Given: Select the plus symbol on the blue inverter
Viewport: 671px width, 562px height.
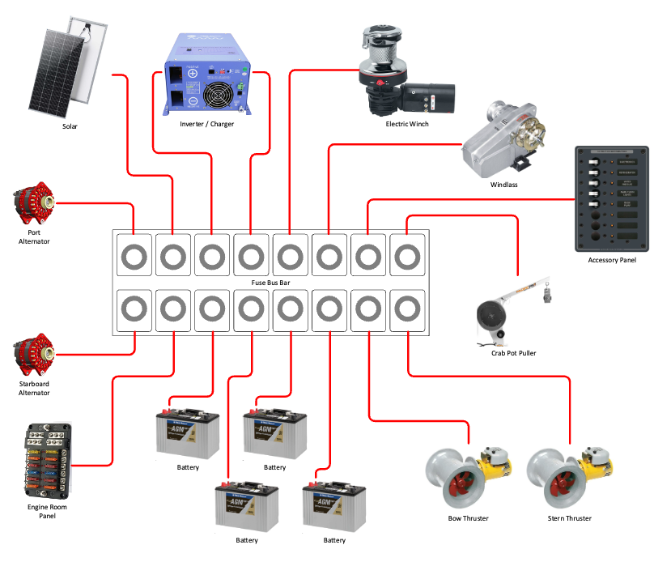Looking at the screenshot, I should point(193,73).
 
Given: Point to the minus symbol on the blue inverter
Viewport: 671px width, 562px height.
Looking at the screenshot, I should point(193,102).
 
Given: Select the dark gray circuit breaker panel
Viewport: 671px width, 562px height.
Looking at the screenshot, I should point(611,198).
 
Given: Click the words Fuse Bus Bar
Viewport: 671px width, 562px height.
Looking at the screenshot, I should point(271,283).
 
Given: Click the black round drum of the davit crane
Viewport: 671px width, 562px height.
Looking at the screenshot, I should point(491,313).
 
